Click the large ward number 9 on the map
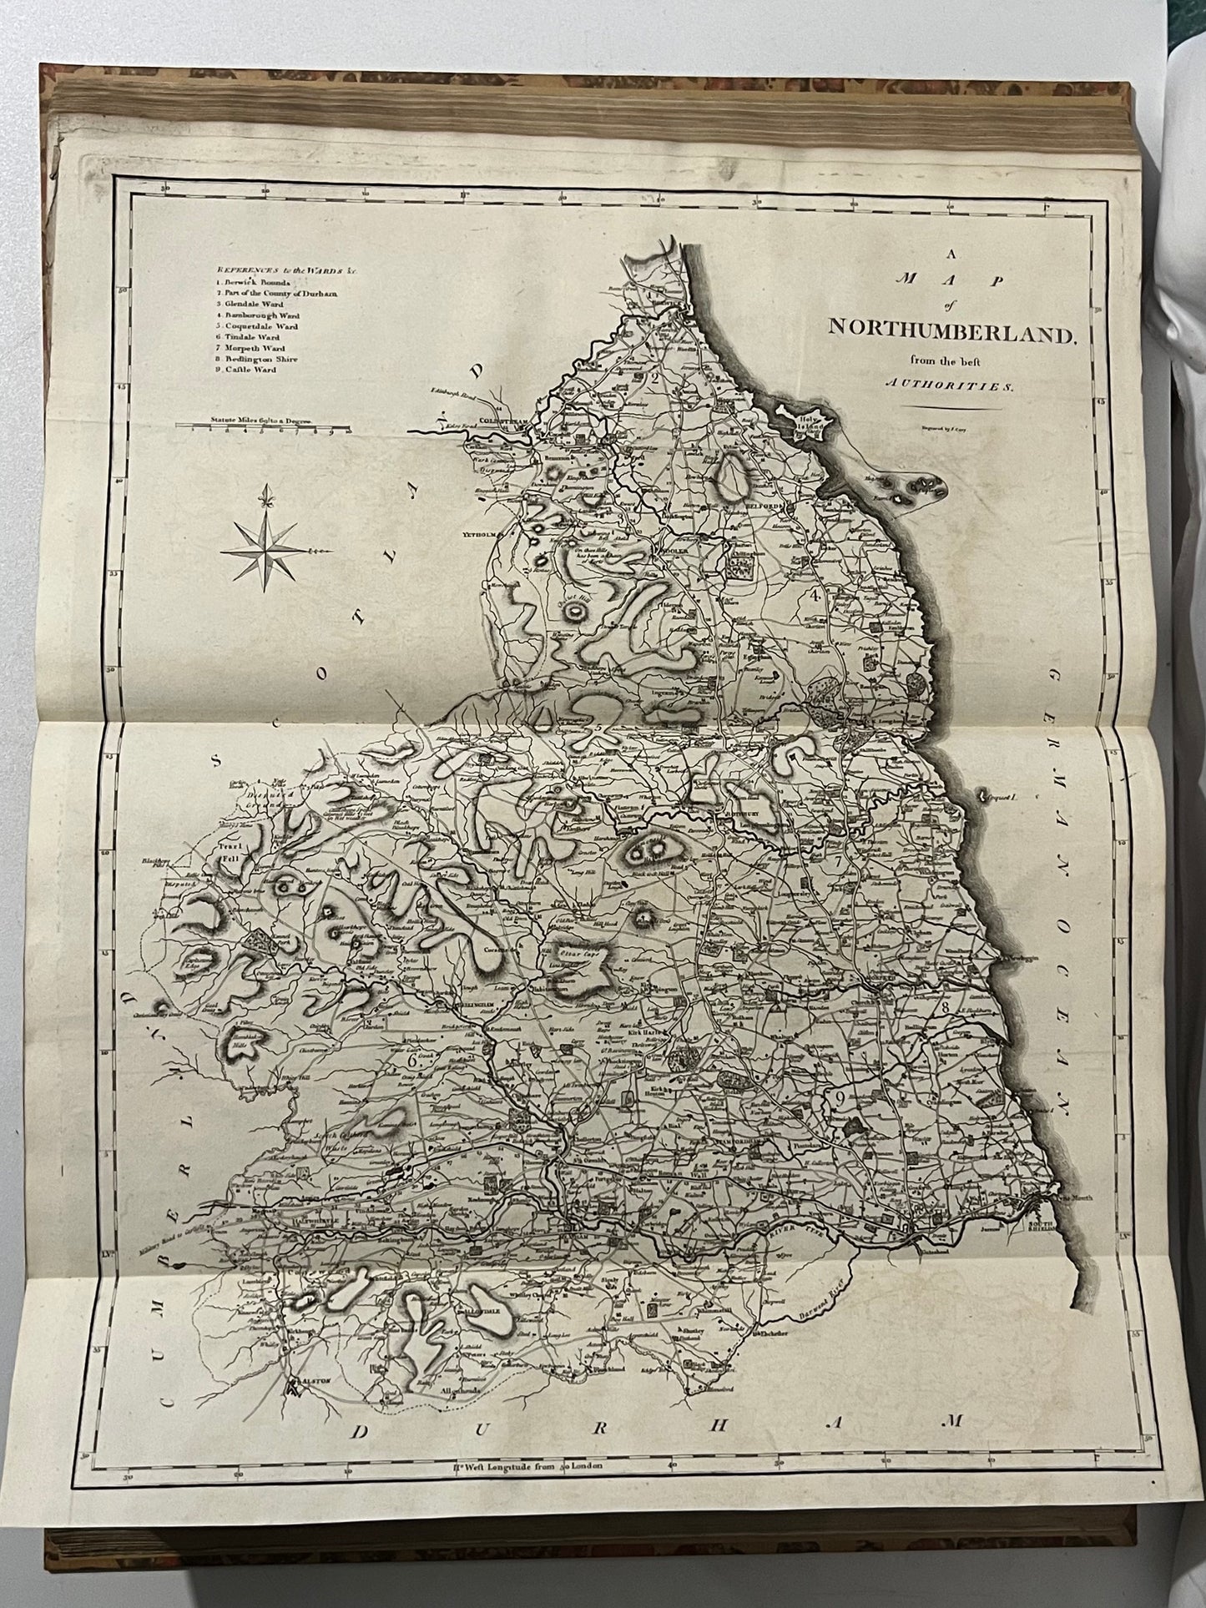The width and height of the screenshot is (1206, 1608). click(840, 1097)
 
